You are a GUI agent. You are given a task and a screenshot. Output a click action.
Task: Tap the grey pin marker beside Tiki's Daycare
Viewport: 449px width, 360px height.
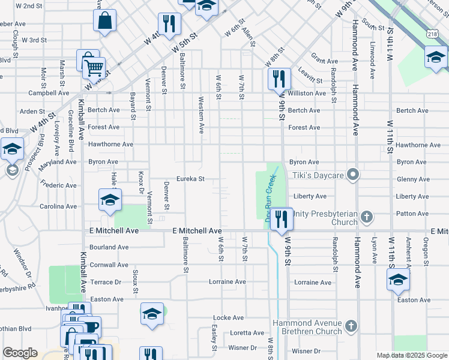[354, 175]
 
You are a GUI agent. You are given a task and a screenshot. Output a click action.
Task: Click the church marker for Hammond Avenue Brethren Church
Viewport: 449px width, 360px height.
[351, 327]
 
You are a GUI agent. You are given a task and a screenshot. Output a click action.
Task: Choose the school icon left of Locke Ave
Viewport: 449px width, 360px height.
[152, 314]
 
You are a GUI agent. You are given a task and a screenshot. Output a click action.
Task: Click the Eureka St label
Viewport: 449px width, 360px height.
[190, 179]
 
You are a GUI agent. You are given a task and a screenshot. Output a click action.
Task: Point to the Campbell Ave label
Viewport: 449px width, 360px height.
[49, 93]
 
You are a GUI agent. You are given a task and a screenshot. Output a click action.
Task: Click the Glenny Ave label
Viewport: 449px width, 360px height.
[412, 179]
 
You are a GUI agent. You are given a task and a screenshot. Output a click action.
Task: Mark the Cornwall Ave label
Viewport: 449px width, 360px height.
[109, 265]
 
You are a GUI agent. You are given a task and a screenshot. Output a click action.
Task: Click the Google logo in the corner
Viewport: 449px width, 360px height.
[20, 353]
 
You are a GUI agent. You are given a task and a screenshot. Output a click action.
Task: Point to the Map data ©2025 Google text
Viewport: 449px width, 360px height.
[412, 355]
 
